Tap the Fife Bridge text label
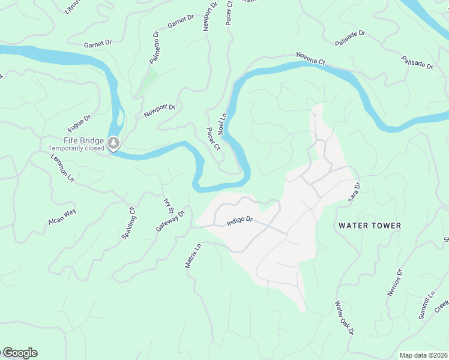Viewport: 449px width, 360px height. point(85,140)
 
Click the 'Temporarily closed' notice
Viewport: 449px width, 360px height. point(76,148)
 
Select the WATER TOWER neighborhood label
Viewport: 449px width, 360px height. point(369,226)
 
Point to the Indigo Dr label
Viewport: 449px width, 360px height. point(240,221)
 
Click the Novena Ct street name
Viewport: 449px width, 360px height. point(310,59)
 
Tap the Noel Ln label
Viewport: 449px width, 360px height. point(221,123)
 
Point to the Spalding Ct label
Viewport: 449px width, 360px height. point(129,223)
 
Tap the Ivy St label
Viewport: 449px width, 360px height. point(169,206)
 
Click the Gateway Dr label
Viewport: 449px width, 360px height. point(170,221)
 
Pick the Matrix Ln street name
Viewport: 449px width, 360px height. point(193,256)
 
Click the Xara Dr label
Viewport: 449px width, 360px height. point(354,191)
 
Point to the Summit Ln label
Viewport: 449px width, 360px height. point(426,305)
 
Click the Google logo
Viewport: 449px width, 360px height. point(19,353)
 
